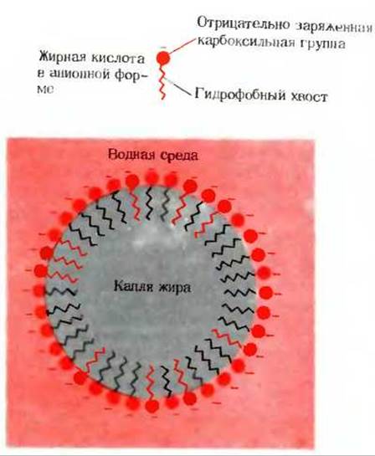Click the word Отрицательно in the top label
244,24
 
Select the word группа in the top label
323,44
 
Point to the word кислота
118,59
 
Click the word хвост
309,95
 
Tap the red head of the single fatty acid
163,59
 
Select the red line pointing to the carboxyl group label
182,46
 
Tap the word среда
178,156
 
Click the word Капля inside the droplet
133,287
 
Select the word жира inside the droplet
175,287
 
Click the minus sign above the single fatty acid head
163,47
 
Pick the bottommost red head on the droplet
152,406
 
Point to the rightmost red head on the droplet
265,293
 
